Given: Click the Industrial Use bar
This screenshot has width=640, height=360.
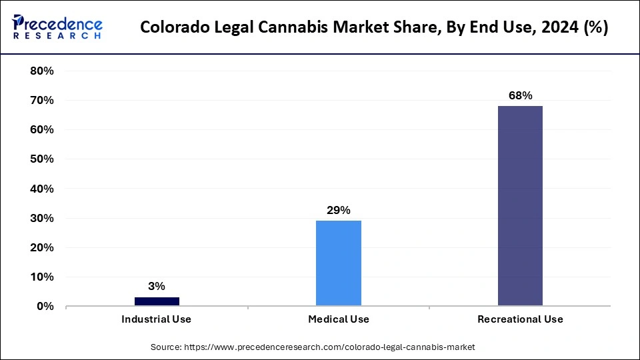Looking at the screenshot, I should (x=157, y=301).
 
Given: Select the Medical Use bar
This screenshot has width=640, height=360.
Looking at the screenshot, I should (x=339, y=263).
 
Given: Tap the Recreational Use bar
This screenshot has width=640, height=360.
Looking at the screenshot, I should (x=520, y=206).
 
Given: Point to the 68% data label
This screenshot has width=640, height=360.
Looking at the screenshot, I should (x=520, y=95).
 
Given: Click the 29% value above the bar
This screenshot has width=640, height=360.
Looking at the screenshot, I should (x=339, y=211).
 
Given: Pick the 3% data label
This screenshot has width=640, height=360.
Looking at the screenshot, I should (x=157, y=287).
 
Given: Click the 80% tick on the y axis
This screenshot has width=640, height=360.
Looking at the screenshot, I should (x=42, y=71).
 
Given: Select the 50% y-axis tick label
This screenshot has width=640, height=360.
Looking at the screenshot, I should (x=42, y=159).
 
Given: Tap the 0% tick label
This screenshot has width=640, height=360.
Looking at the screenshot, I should (x=45, y=307).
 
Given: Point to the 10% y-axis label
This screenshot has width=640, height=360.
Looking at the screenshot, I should (x=42, y=277).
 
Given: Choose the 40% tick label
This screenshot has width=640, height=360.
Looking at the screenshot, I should (x=42, y=189).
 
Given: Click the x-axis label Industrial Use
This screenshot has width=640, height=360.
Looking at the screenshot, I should (x=157, y=319).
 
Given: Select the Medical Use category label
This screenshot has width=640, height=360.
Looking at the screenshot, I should (x=339, y=319).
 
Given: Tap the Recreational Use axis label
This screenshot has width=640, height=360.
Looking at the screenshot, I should (x=520, y=319).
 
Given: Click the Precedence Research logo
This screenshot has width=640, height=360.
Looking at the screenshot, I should (x=57, y=27).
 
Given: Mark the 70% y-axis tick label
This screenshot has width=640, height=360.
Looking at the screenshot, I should (x=42, y=100).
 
